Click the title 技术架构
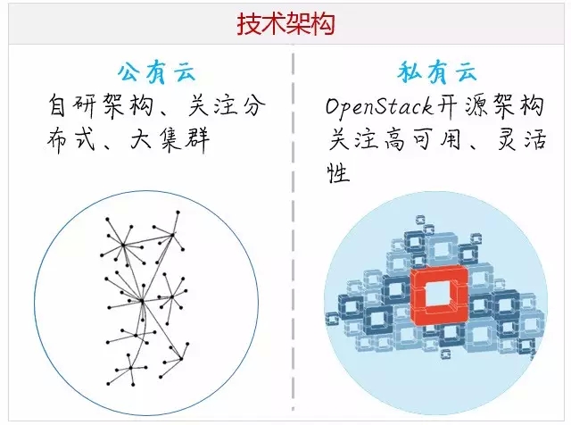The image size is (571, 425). tap(285, 24)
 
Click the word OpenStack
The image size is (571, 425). tap(379, 108)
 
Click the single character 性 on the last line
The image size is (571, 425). tap(337, 172)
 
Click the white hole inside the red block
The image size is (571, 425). tap(439, 294)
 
